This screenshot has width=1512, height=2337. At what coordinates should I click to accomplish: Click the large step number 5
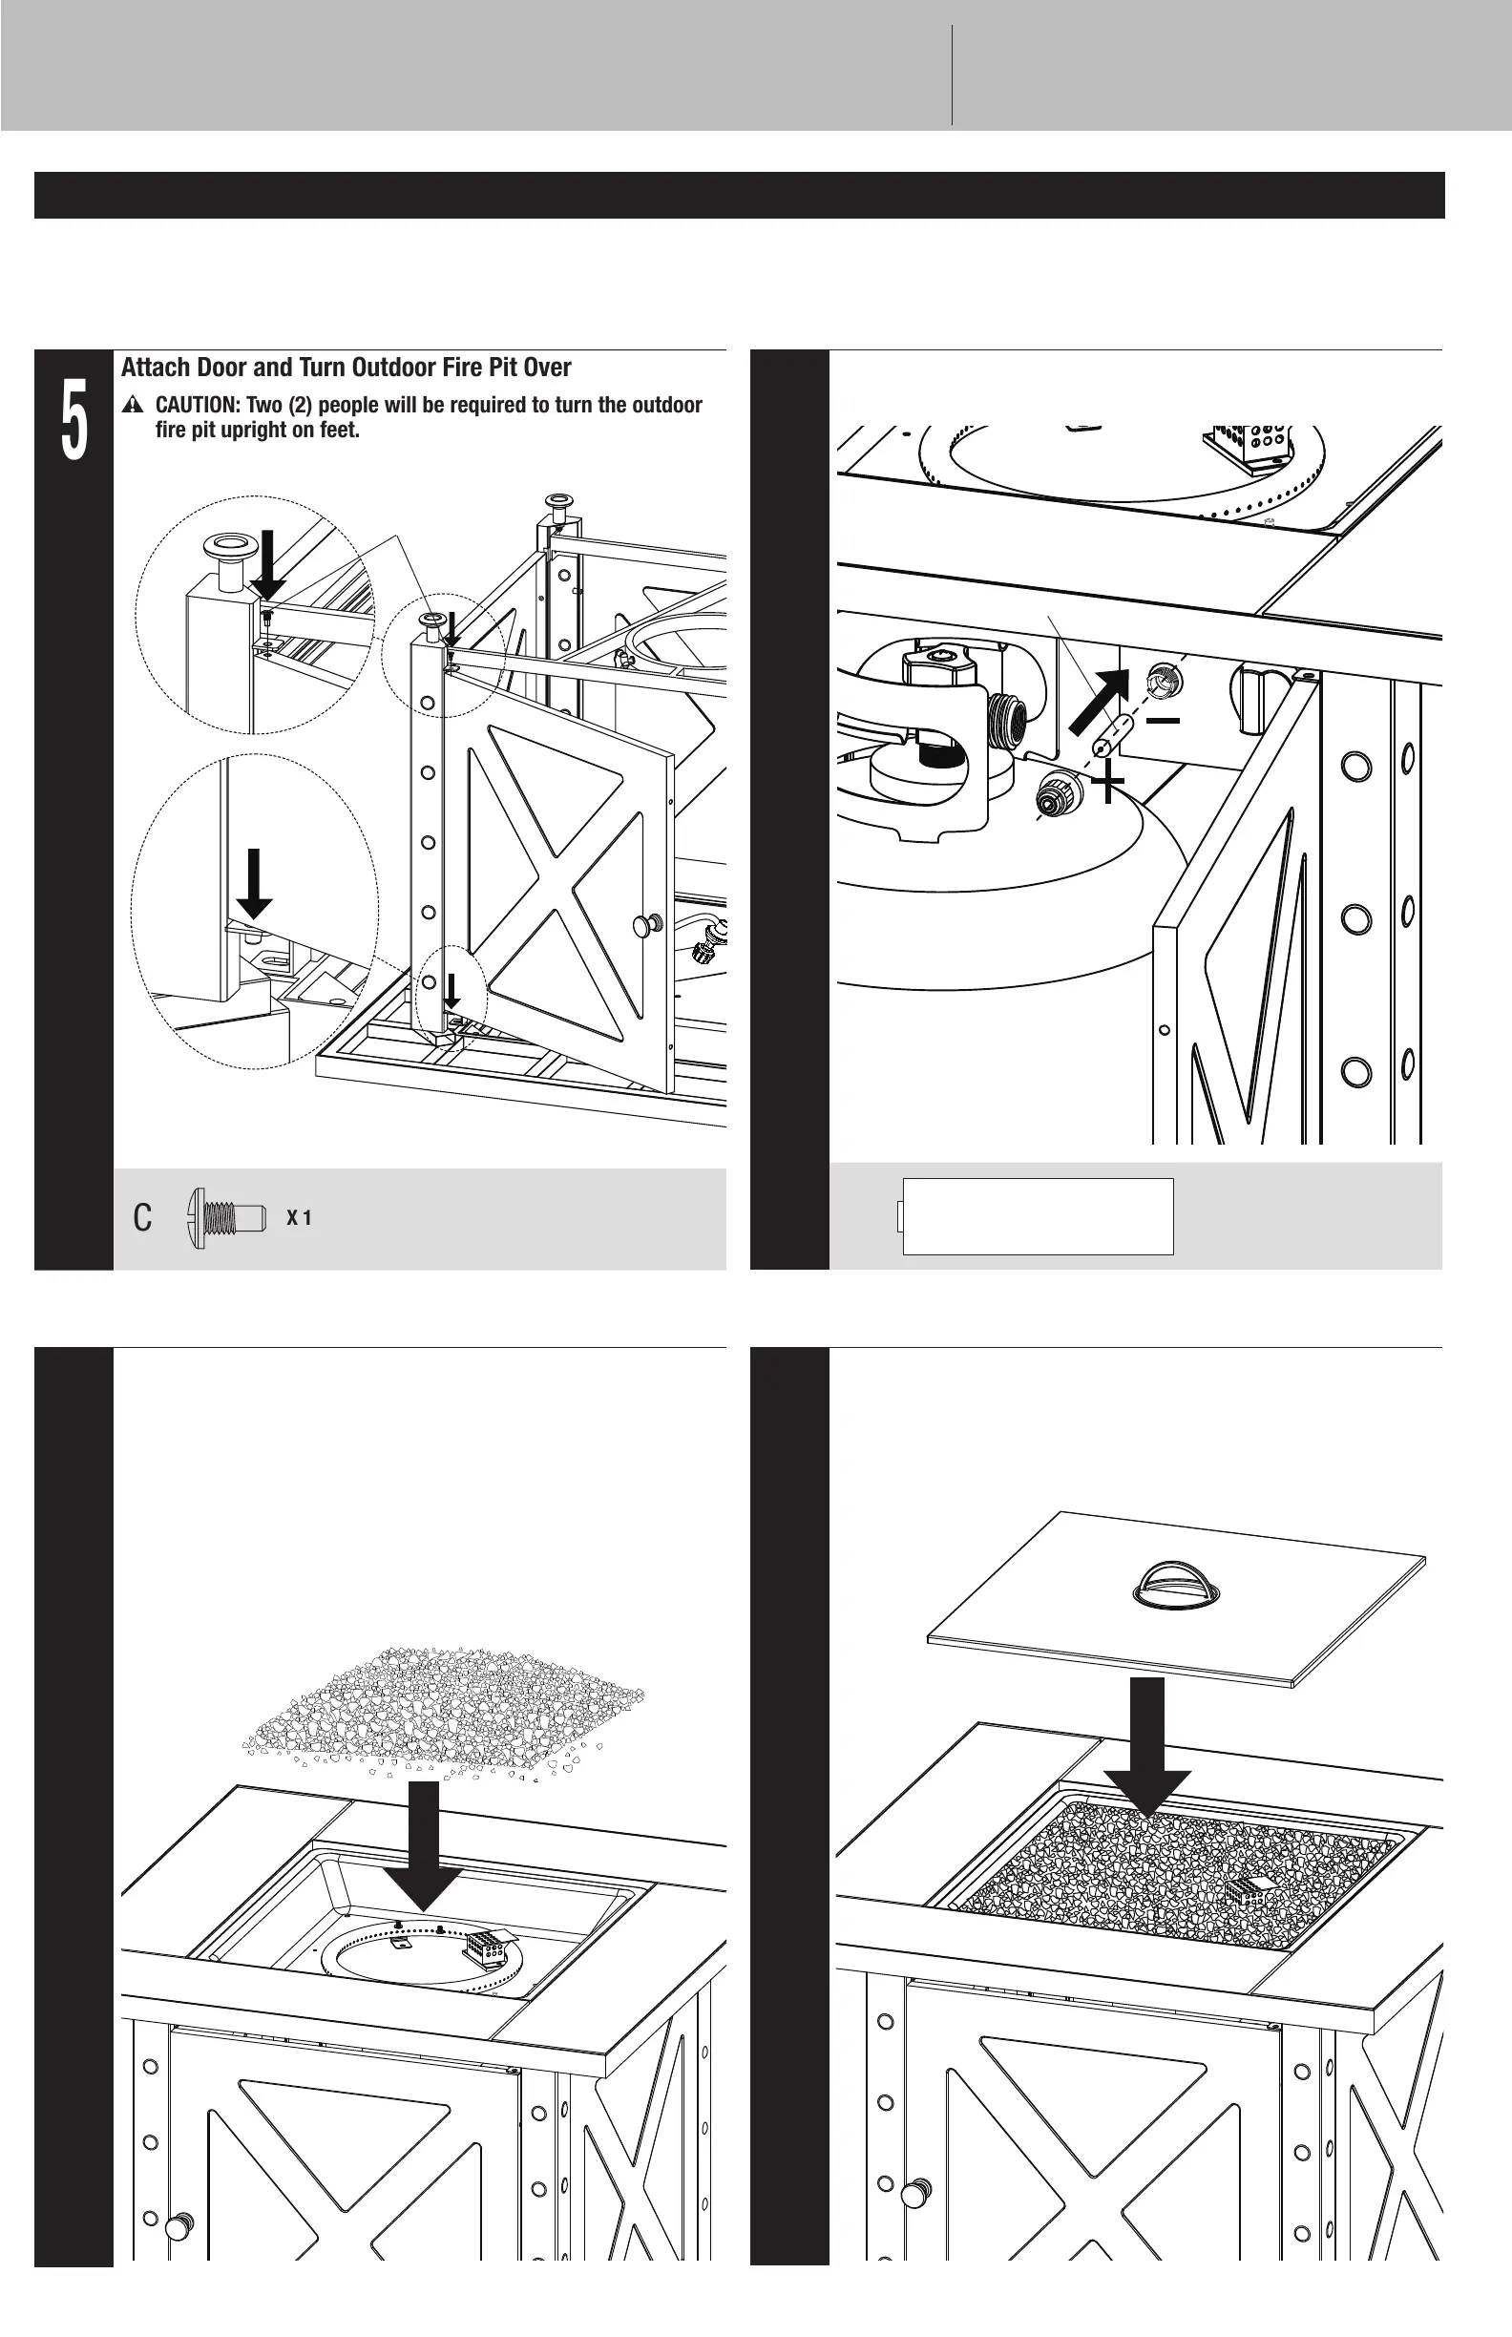(x=73, y=419)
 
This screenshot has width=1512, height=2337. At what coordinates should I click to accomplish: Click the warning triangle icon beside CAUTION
(x=134, y=406)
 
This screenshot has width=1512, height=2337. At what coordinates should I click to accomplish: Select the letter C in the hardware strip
(x=142, y=1217)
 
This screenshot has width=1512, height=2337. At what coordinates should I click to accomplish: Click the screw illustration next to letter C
(x=226, y=1217)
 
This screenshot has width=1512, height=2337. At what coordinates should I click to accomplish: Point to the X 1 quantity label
(x=299, y=1217)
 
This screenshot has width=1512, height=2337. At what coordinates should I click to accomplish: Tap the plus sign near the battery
(x=1108, y=783)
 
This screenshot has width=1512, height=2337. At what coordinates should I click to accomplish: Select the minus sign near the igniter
(x=1164, y=721)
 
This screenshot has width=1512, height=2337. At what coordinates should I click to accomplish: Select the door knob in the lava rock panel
(x=178, y=2226)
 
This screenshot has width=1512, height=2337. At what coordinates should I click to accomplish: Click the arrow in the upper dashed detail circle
(x=267, y=565)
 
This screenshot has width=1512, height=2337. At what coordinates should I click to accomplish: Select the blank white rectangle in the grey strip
(x=1038, y=1215)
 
